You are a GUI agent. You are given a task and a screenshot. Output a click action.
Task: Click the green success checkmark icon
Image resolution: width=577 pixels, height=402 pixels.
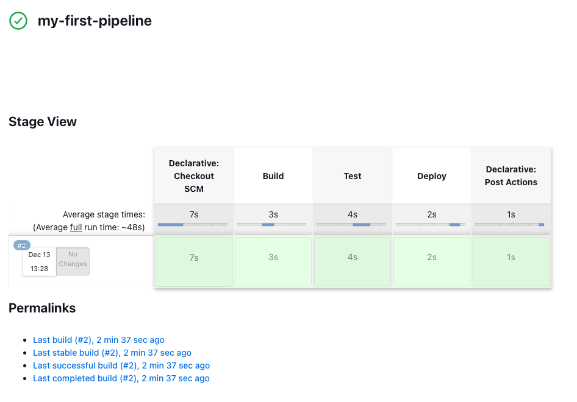pyautogui.click(x=18, y=21)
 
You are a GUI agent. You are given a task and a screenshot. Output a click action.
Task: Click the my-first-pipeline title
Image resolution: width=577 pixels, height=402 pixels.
pyautogui.click(x=95, y=21)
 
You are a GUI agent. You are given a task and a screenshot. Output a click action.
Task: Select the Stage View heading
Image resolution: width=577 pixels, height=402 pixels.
pyautogui.click(x=43, y=122)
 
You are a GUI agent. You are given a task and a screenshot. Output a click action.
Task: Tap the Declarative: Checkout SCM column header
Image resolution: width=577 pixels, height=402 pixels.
pyautogui.click(x=194, y=176)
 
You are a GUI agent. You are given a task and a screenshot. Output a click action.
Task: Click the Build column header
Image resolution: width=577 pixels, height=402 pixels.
pyautogui.click(x=273, y=176)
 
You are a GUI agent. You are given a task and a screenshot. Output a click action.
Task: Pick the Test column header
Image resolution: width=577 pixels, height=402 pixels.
pyautogui.click(x=353, y=176)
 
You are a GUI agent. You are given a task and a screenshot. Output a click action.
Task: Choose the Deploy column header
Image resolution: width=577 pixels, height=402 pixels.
pyautogui.click(x=432, y=176)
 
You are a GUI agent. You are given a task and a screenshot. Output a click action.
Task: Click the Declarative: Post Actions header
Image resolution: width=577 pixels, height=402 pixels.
pyautogui.click(x=511, y=176)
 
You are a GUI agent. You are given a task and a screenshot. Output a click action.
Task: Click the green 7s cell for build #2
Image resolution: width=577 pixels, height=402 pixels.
pyautogui.click(x=194, y=262)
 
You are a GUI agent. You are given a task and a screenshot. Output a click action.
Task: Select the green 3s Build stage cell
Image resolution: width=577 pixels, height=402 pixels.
pyautogui.click(x=273, y=262)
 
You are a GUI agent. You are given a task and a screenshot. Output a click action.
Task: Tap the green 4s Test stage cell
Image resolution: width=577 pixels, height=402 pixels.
pyautogui.click(x=353, y=262)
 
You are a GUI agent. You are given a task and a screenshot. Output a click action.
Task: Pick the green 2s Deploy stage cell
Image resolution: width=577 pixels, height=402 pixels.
pyautogui.click(x=432, y=262)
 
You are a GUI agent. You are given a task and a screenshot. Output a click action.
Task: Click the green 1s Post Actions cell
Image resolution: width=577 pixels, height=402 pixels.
pyautogui.click(x=511, y=262)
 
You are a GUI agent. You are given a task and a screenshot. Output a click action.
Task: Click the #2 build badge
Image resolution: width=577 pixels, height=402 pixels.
pyautogui.click(x=22, y=245)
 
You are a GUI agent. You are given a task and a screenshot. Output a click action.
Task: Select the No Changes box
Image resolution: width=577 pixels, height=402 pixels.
pyautogui.click(x=73, y=262)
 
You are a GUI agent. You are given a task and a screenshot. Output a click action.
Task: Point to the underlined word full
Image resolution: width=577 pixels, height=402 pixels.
pyautogui.click(x=76, y=227)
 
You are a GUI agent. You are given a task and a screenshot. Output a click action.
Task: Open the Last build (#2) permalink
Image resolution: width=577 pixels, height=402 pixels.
pyautogui.click(x=99, y=340)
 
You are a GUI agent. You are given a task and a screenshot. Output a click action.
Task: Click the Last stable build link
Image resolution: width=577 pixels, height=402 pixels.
pyautogui.click(x=112, y=353)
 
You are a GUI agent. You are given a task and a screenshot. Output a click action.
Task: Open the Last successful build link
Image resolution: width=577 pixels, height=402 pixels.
pyautogui.click(x=121, y=365)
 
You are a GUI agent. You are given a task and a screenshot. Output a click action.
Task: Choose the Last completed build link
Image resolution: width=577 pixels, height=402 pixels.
pyautogui.click(x=121, y=378)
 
